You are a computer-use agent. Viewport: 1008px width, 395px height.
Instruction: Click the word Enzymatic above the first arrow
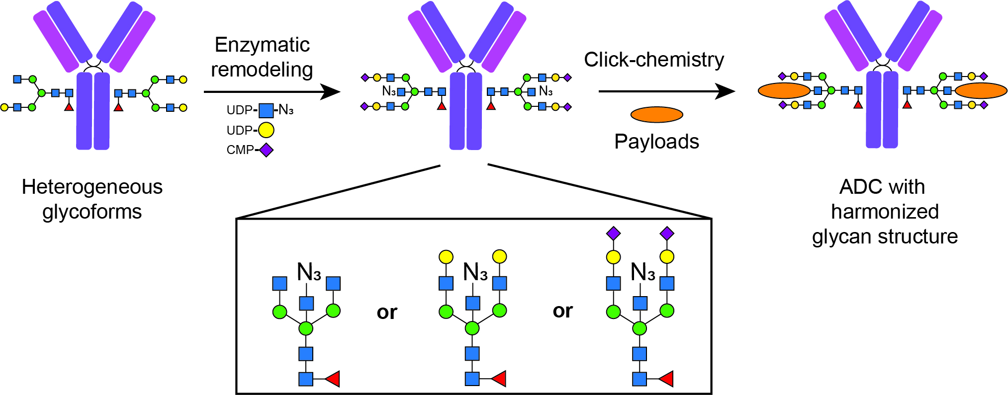click(x=262, y=45)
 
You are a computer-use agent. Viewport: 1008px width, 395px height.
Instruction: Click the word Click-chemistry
click(x=653, y=60)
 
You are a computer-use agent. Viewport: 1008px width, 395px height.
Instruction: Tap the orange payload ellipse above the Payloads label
click(x=656, y=115)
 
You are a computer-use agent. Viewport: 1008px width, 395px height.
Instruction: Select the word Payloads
click(x=656, y=142)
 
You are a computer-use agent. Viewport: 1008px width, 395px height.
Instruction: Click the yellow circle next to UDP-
click(x=266, y=130)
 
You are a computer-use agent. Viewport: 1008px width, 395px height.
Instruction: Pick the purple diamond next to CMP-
click(x=266, y=150)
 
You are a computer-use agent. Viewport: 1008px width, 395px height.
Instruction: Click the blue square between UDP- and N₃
click(x=266, y=110)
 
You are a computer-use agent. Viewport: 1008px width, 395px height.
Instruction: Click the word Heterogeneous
click(x=92, y=187)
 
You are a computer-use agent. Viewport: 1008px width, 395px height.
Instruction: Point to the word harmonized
click(x=885, y=212)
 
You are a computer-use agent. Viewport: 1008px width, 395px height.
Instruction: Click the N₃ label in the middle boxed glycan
click(x=475, y=272)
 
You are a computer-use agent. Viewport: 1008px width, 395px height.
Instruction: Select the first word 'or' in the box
click(x=387, y=312)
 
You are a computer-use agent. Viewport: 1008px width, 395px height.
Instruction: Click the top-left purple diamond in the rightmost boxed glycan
click(x=613, y=233)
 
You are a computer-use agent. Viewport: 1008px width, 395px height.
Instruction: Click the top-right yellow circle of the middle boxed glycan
click(x=499, y=257)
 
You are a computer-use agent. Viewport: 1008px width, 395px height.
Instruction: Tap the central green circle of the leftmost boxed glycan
click(x=306, y=328)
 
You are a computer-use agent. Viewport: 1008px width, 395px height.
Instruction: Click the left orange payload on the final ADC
click(x=784, y=90)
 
